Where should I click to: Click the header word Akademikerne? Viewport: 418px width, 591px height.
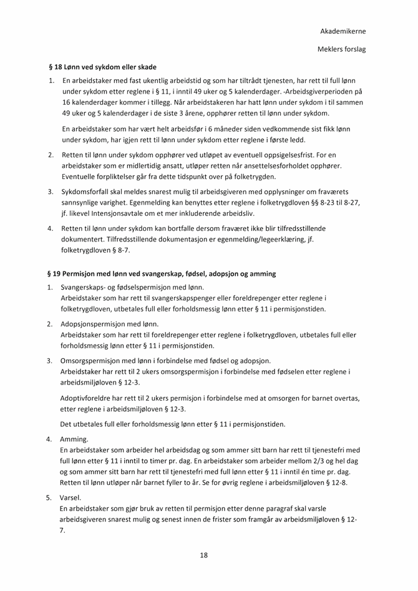pos(343,31)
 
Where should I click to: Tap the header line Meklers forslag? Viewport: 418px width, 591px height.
pos(341,49)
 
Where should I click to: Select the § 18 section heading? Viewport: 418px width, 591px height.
pos(102,67)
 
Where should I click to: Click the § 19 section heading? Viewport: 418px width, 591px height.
pos(161,274)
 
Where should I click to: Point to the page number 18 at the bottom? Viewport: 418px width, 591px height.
pos(204,555)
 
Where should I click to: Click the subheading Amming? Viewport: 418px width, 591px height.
pos(75,439)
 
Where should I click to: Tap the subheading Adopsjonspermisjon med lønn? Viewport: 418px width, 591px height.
pos(110,324)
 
